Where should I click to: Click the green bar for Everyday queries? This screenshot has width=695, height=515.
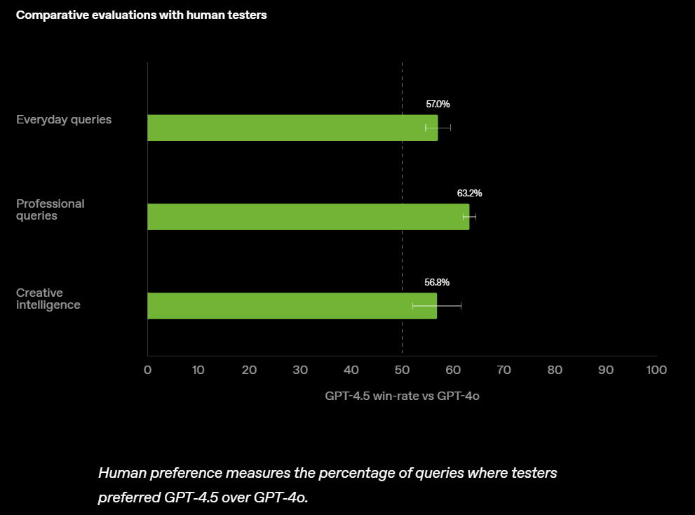click(x=292, y=128)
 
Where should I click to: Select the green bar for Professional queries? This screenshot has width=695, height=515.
click(x=308, y=217)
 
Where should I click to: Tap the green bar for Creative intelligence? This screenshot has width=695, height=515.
click(x=292, y=306)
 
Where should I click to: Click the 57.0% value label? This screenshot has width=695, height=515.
click(x=438, y=105)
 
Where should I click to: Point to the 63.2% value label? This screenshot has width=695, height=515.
click(x=469, y=193)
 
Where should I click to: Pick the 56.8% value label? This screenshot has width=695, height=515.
click(x=437, y=282)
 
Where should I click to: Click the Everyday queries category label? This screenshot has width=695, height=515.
click(x=64, y=119)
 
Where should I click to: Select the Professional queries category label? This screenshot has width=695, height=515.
click(x=50, y=210)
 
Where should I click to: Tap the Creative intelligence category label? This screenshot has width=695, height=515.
click(x=49, y=299)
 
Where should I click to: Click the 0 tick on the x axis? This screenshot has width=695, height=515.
click(x=147, y=370)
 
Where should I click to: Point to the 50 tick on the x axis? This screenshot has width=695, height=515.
click(x=402, y=370)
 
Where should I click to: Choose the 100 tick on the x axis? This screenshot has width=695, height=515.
click(x=656, y=370)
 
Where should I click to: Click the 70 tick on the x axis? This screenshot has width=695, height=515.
click(x=504, y=370)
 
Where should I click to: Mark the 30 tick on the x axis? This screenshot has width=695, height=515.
click(x=300, y=370)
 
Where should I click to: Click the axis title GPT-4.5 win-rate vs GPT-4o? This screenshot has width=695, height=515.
click(x=402, y=396)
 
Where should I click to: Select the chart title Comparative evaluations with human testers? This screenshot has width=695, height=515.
click(x=141, y=15)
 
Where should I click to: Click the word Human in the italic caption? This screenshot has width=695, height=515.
click(x=119, y=473)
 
